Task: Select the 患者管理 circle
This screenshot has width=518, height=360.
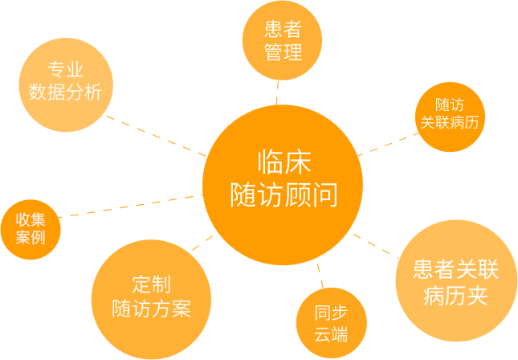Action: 282,42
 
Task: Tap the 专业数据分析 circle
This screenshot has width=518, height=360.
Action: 66,82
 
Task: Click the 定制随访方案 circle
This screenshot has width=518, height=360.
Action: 151,297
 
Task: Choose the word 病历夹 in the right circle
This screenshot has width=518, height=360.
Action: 455,294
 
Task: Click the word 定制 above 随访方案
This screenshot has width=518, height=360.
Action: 151,284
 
